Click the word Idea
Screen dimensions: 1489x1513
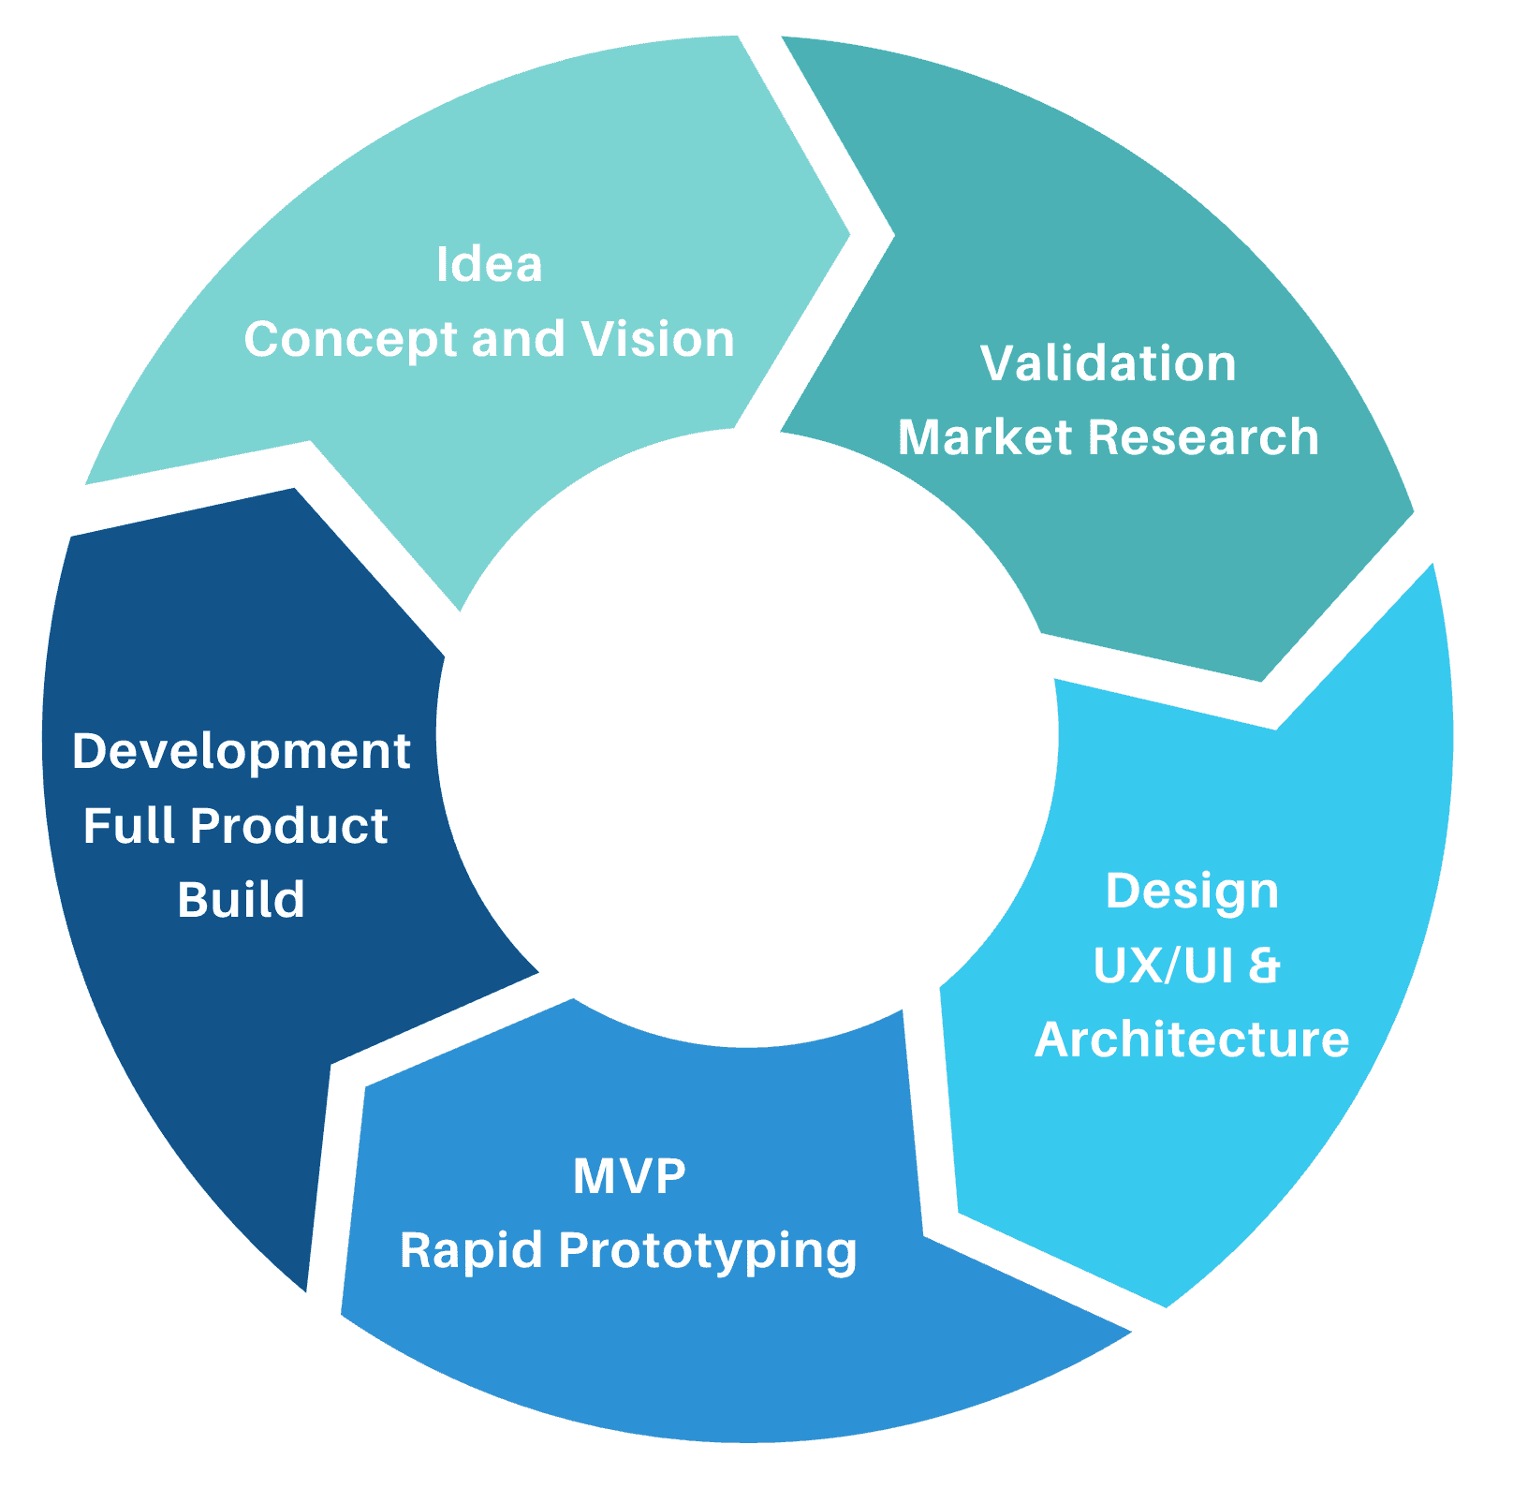click(489, 265)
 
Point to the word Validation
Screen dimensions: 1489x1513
click(1108, 363)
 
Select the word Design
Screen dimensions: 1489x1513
click(1191, 892)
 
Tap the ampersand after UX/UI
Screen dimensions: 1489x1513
click(1264, 966)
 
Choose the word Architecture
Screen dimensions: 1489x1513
click(1191, 1039)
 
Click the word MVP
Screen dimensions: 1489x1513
click(629, 1176)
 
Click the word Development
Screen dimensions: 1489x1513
click(242, 752)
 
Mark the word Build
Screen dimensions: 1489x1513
click(242, 900)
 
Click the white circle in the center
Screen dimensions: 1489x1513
click(746, 738)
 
